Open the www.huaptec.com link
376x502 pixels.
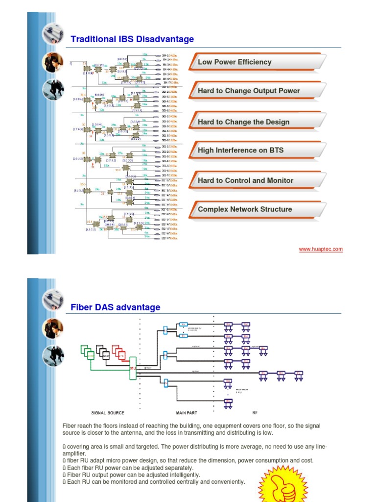coord(321,249)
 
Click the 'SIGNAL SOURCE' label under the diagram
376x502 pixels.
coord(108,413)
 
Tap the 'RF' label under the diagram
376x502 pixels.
coord(255,413)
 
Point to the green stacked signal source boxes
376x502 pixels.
coord(87,351)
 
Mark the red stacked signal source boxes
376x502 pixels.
coord(118,351)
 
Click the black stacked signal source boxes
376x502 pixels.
coord(103,351)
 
